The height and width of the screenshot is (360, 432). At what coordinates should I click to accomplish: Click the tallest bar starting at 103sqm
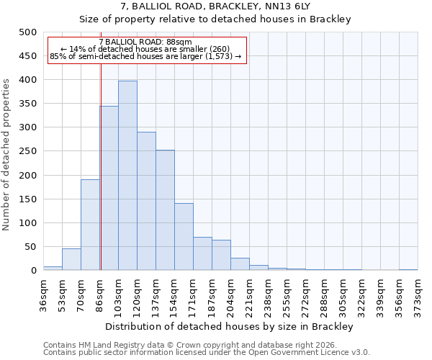click(x=127, y=176)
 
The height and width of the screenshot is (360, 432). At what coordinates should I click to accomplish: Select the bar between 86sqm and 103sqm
click(x=109, y=188)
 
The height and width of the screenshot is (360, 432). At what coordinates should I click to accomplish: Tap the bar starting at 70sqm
click(x=90, y=225)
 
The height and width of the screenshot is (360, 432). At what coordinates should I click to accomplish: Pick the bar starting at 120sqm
click(x=146, y=201)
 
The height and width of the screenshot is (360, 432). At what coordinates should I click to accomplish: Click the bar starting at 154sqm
click(x=184, y=237)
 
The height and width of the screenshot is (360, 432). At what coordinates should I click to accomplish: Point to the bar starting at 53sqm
click(x=71, y=259)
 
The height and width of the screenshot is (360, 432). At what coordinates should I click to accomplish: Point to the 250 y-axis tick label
click(x=28, y=151)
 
